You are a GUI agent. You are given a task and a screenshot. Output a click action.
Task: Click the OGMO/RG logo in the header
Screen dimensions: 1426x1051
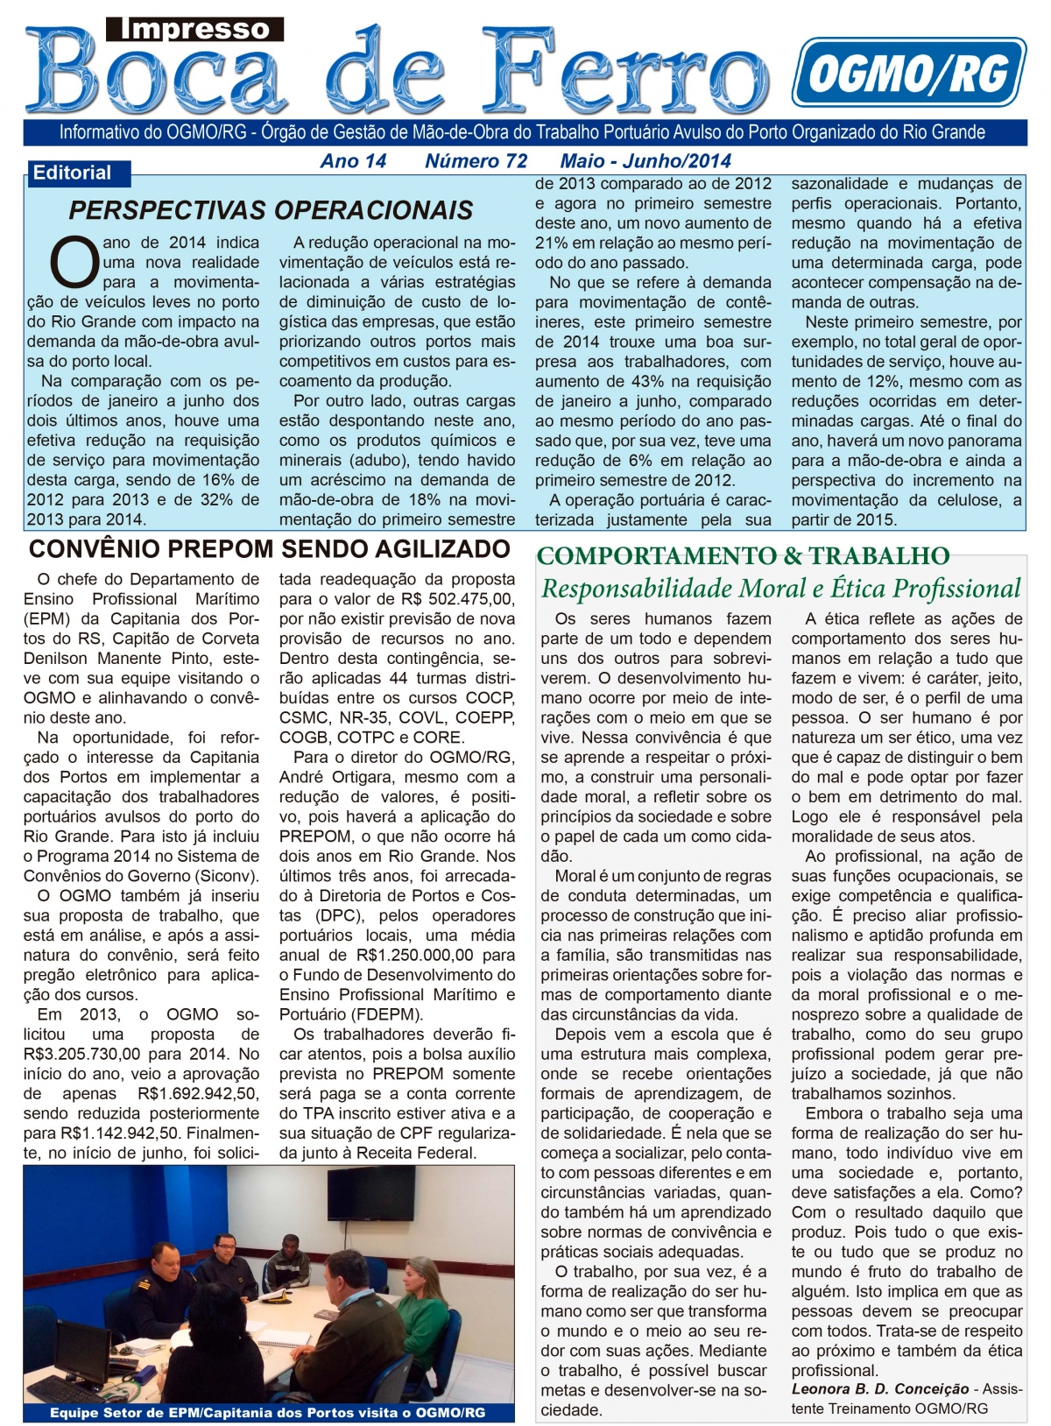click(x=908, y=72)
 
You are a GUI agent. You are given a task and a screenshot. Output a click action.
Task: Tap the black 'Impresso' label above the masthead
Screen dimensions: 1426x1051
click(x=195, y=29)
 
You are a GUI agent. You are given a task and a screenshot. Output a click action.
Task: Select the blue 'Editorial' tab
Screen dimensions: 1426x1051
click(x=73, y=173)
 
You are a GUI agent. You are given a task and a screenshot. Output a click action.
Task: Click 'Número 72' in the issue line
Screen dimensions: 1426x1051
click(x=476, y=161)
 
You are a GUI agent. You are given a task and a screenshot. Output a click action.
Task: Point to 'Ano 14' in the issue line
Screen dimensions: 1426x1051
click(x=353, y=161)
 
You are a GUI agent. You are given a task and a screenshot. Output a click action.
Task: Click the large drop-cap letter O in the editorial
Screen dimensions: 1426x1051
click(x=74, y=261)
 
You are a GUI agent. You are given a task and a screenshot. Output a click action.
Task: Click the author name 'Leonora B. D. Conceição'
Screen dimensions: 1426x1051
click(x=879, y=1388)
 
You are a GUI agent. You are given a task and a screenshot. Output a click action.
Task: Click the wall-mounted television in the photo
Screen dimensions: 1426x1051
click(x=371, y=1192)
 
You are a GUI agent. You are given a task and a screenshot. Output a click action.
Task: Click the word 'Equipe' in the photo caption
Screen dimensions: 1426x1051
click(x=74, y=1413)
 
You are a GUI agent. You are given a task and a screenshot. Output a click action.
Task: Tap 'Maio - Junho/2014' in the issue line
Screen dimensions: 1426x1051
click(x=645, y=161)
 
